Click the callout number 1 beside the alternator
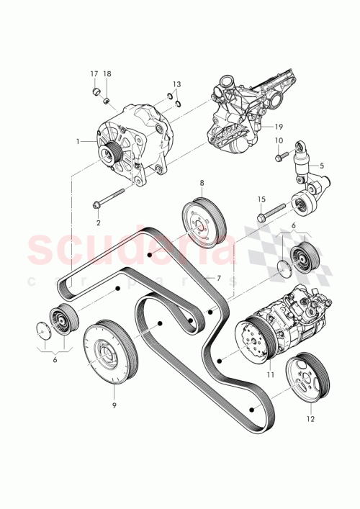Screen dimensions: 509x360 pos(86,142)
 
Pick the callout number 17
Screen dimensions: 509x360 pos(94,74)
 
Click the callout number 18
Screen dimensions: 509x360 pos(107,74)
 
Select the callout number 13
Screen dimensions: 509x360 pos(176,84)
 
